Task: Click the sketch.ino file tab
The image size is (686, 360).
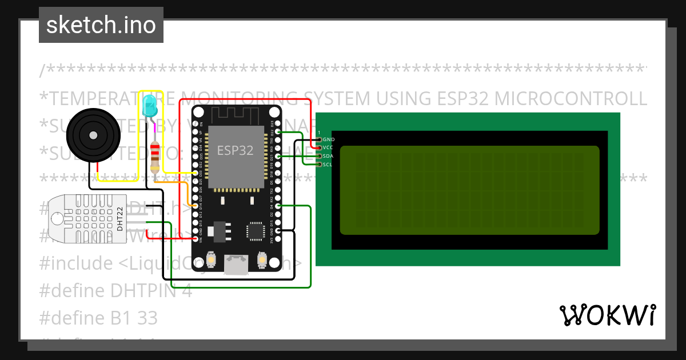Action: coord(101,25)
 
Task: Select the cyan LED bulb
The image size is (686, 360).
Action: coord(150,106)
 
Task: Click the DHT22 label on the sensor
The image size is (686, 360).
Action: coord(120,218)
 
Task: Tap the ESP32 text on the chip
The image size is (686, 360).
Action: coord(235,150)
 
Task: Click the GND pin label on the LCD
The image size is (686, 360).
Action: coord(329,139)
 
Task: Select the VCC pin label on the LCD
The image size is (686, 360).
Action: coord(328,147)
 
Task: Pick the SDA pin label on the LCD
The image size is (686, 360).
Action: coord(328,156)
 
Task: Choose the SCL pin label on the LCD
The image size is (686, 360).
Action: coord(328,165)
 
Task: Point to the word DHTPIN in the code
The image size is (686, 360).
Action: coord(134,290)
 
